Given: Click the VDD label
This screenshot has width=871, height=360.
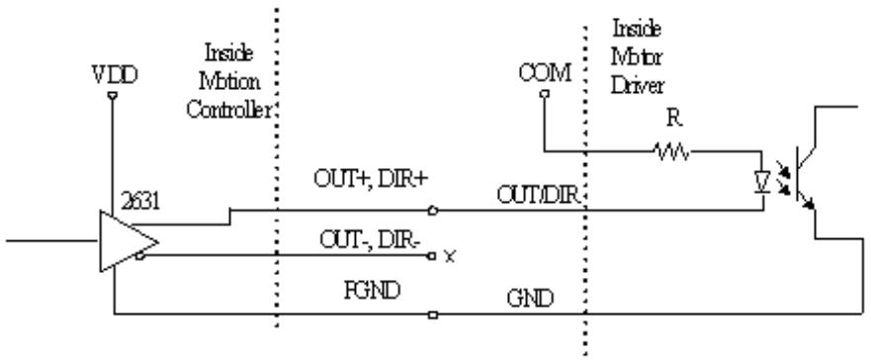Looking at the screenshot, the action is click(x=115, y=74).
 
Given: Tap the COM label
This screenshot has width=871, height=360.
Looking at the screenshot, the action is click(x=545, y=73).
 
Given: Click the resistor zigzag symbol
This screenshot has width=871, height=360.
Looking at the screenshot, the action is click(x=672, y=151).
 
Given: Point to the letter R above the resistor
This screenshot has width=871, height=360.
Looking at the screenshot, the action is click(x=674, y=119).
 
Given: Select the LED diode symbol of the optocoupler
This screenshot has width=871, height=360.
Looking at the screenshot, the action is click(x=761, y=182).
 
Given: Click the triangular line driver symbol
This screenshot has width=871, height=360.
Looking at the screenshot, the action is click(x=129, y=241).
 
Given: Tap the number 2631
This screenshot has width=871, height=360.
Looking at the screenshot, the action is click(x=140, y=201).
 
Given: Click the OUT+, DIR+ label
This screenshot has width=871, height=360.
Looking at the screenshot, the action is click(x=371, y=179).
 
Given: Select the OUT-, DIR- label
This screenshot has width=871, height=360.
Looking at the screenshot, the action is click(x=370, y=240).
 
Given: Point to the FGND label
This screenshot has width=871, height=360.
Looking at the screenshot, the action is click(x=373, y=290).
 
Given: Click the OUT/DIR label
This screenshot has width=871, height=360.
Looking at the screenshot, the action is click(x=539, y=195).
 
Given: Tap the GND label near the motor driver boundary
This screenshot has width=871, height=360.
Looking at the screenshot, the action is click(x=530, y=299).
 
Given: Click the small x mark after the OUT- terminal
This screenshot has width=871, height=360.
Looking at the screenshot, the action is click(x=450, y=257).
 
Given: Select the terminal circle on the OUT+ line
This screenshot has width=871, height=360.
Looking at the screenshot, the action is click(x=433, y=211).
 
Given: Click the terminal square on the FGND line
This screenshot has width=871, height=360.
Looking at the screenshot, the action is click(x=433, y=315).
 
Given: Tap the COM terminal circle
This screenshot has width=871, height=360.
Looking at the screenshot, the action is click(x=545, y=94).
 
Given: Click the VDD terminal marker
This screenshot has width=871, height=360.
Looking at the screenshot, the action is click(x=112, y=96).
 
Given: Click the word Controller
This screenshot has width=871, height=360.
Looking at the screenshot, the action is click(x=229, y=110).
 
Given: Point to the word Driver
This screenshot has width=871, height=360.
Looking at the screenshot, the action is click(x=638, y=86).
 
